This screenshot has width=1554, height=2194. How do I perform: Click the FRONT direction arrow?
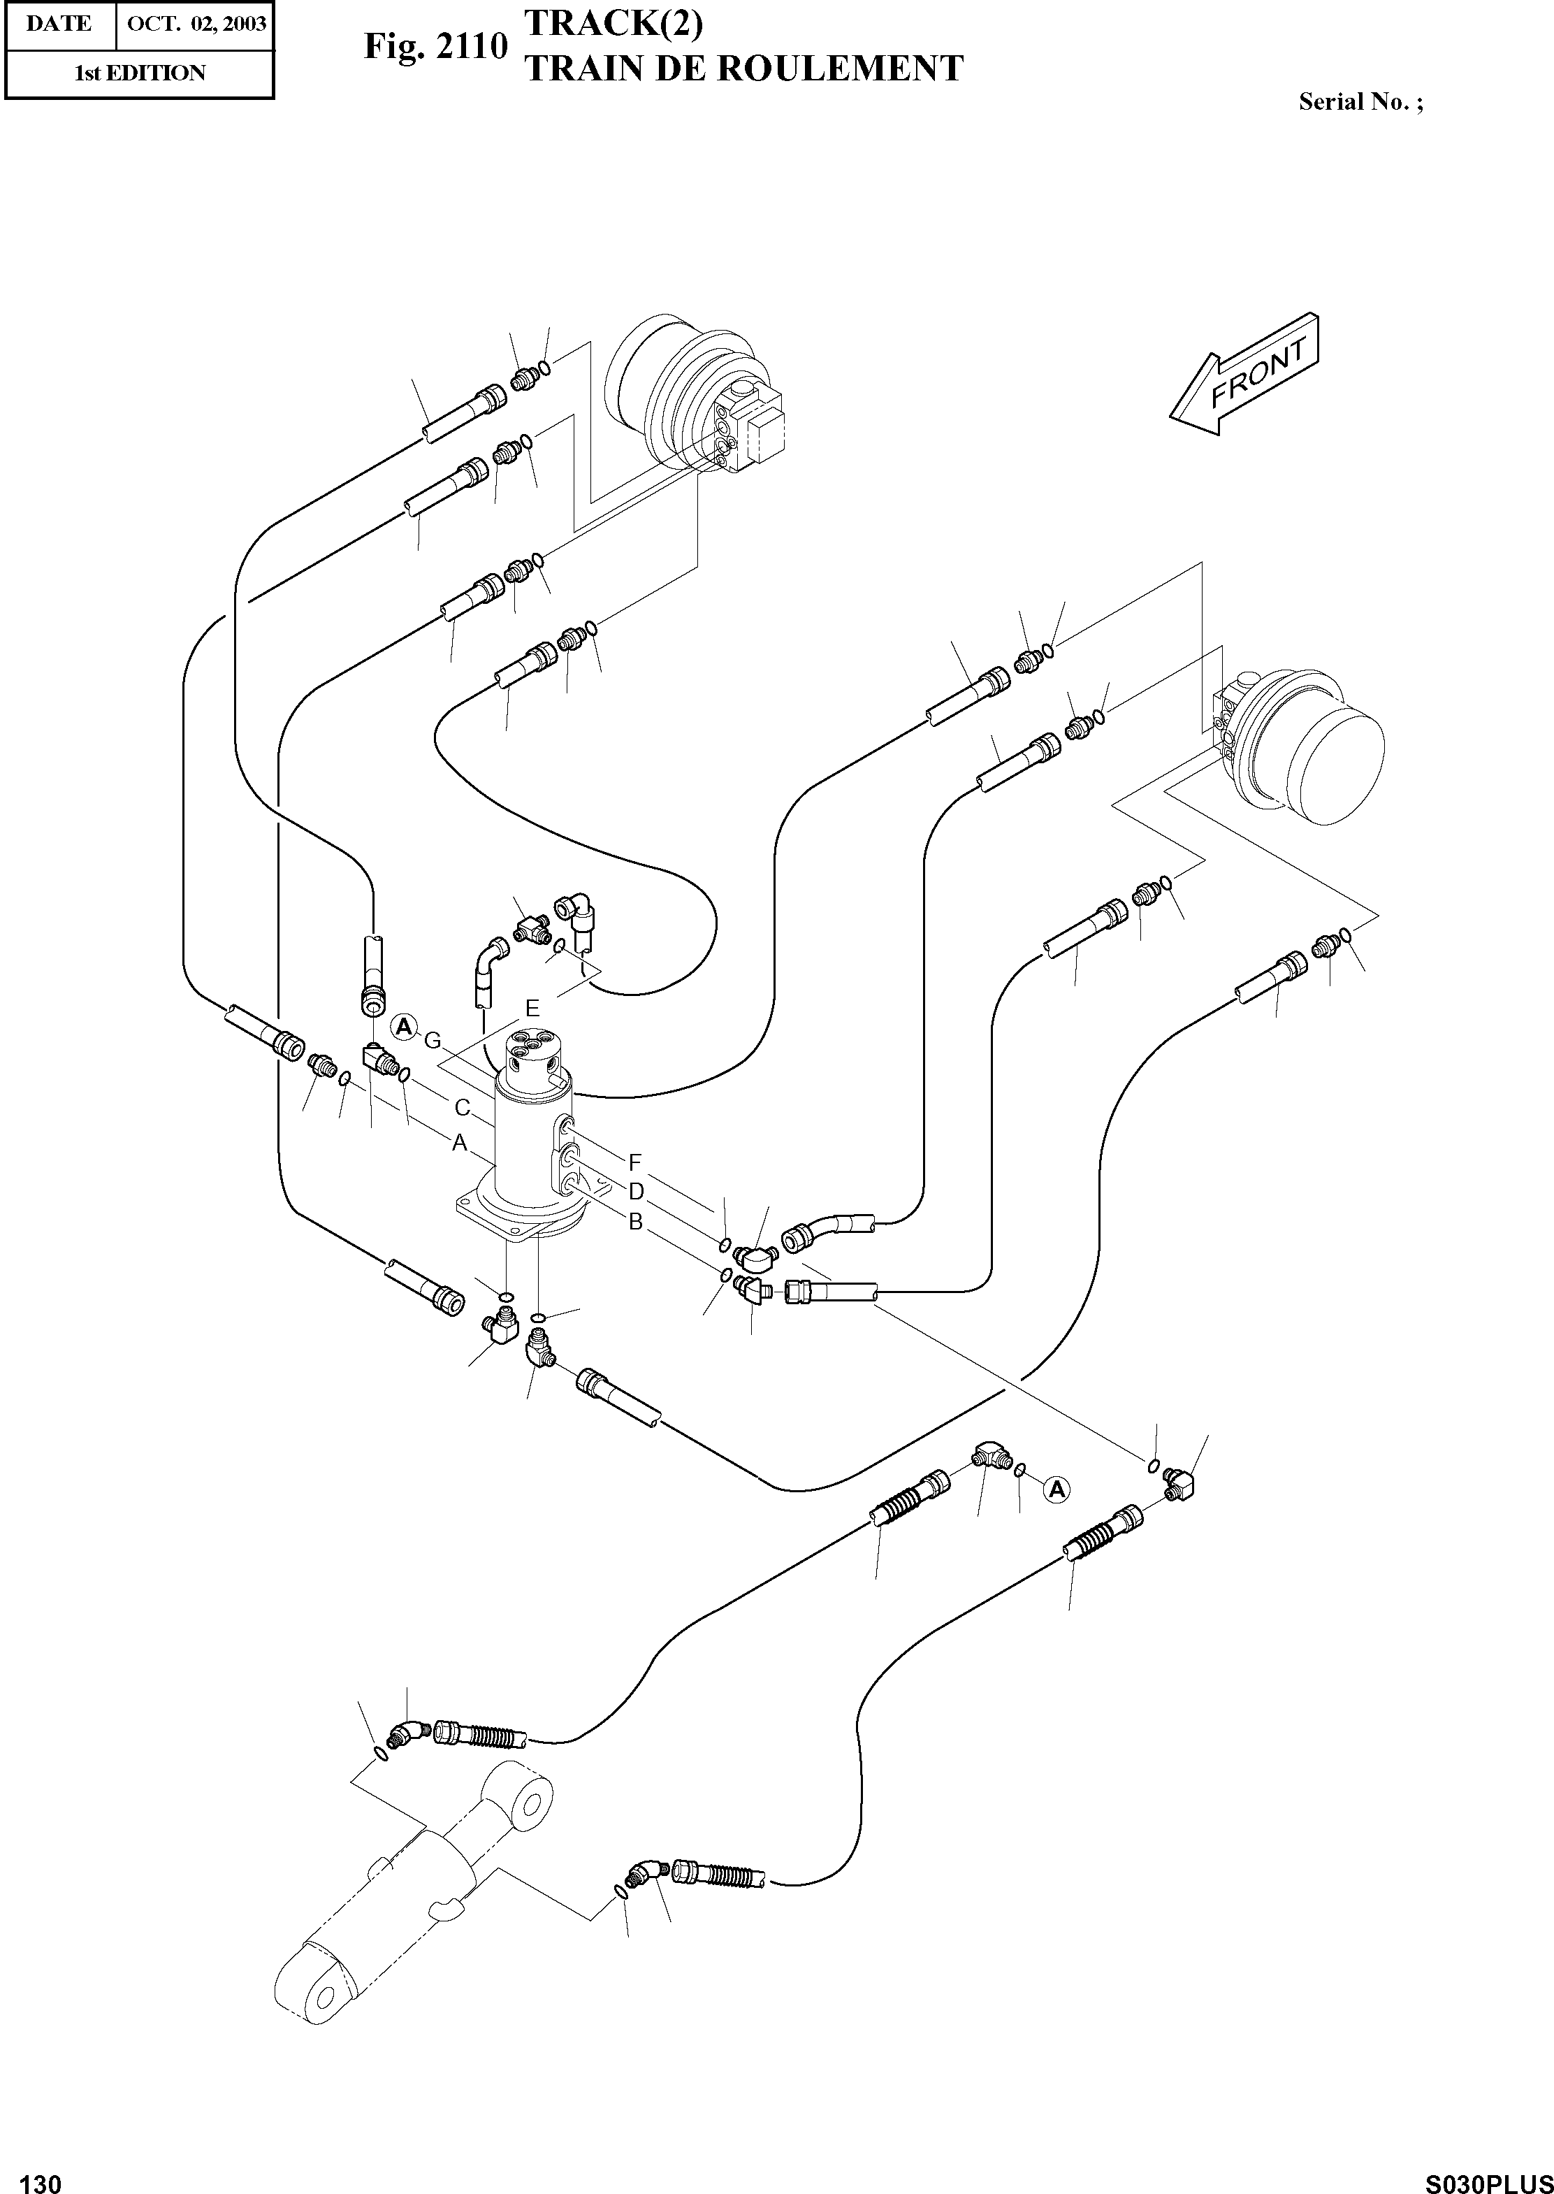(x=1247, y=376)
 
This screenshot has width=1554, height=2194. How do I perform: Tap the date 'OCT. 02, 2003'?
(x=196, y=24)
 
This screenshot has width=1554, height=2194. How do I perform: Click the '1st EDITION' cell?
(x=140, y=73)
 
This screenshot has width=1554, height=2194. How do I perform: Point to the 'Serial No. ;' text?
(x=1360, y=103)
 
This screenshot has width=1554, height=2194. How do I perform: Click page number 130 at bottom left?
(x=41, y=2177)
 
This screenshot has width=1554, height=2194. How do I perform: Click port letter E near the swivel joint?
(x=532, y=1008)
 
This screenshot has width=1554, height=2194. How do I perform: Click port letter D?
(x=635, y=1192)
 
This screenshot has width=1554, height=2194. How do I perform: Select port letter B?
(x=635, y=1222)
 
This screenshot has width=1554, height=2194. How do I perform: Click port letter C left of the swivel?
(x=462, y=1109)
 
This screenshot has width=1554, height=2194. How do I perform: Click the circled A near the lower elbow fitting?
(x=1056, y=1489)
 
